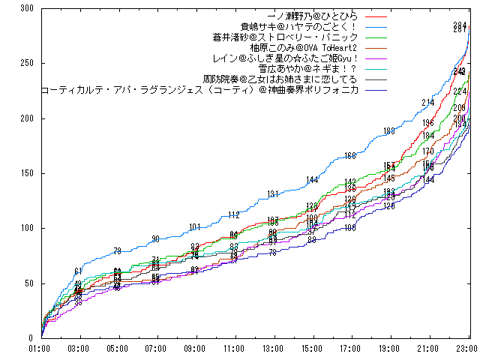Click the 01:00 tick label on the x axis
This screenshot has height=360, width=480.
coord(40,348)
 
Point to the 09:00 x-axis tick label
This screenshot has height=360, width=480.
coord(195,348)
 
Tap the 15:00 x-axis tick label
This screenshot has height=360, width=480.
coord(312,348)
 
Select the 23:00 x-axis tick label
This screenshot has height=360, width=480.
coord(467,348)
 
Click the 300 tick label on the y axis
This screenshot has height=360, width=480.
coord(25,8)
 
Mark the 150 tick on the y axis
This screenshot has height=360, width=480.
coord(25,173)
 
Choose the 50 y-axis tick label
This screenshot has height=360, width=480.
coord(28,283)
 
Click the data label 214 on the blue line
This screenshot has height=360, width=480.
coord(427,102)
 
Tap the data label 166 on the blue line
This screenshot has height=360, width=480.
coord(350,156)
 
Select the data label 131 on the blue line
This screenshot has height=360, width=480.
coord(272,194)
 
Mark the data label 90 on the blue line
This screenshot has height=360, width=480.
coord(155,239)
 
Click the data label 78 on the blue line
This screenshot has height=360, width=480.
coord(117,251)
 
